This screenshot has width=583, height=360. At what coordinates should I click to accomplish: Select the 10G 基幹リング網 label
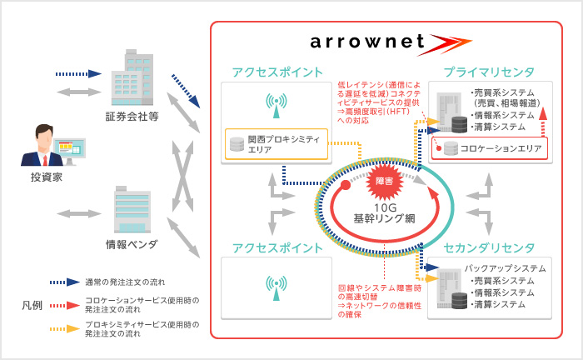(383, 212)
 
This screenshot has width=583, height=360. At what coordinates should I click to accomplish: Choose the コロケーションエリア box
(490, 148)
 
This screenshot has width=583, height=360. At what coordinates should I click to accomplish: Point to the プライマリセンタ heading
(490, 72)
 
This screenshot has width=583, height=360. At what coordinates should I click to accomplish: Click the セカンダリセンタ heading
(489, 247)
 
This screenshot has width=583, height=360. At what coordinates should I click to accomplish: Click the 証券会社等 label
(132, 116)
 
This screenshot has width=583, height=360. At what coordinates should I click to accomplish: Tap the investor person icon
(42, 147)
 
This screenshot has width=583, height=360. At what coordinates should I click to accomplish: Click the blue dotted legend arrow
(63, 282)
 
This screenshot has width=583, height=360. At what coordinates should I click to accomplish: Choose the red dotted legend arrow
(63, 304)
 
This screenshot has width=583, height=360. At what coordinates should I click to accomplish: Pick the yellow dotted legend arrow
(63, 327)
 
